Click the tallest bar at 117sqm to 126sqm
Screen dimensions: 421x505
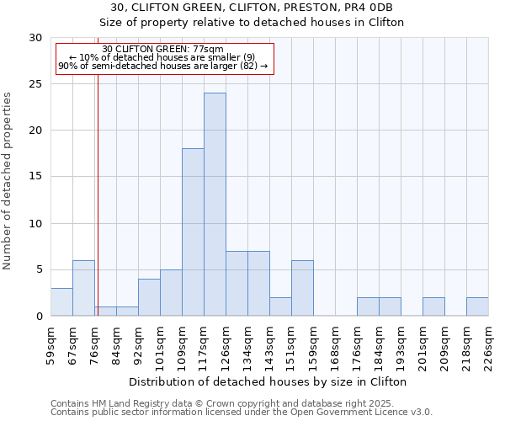tap(215, 205)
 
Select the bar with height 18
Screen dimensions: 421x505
tap(193, 232)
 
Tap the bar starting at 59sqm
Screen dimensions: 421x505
tap(61, 302)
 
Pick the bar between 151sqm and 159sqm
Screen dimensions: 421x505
tap(302, 288)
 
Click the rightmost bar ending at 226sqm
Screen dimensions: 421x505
tap(477, 307)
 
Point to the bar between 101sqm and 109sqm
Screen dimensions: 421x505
tap(171, 293)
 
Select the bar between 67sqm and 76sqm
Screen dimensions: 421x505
tap(83, 288)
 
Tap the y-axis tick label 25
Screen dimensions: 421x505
tap(35, 84)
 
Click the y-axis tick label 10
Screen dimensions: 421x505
tap(35, 224)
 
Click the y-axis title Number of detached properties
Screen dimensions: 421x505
tap(8, 181)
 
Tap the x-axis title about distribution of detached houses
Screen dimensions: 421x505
tap(268, 381)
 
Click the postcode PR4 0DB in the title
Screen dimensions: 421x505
tap(368, 8)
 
